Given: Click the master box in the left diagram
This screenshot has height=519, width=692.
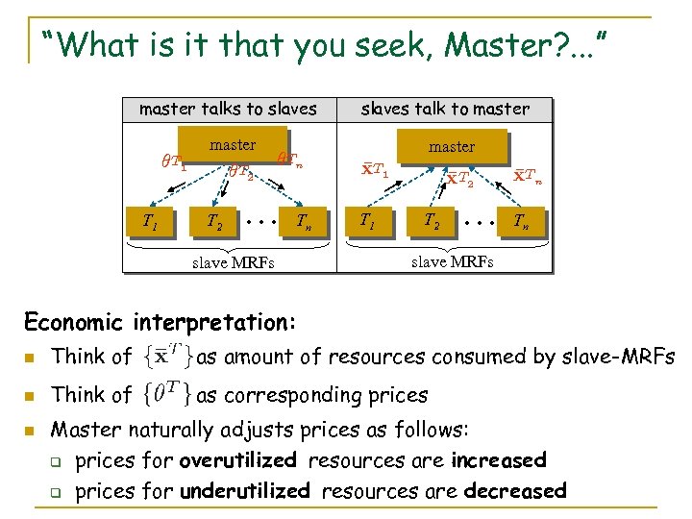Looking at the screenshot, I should coord(233,145).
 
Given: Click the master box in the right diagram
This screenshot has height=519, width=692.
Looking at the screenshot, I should coord(452,147).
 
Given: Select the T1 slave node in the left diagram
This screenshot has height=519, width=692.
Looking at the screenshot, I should coord(150,224).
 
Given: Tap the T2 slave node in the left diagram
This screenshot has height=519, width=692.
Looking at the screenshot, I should coord(215,224).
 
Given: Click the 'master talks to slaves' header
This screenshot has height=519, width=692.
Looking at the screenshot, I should coord(228,109).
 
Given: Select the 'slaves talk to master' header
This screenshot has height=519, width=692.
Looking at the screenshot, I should coord(445,109).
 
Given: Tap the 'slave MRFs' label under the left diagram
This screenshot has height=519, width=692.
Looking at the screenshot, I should coord(234,262).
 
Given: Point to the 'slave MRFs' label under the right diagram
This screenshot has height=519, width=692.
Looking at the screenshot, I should coord(452,260).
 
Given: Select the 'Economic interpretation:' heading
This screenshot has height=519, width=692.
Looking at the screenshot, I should coord(160,320).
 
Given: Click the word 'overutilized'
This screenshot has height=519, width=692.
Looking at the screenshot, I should coord(240,460).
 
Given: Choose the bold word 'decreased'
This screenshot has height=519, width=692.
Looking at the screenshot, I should coord(515,490).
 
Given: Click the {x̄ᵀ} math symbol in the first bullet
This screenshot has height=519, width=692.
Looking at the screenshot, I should coord(165,357).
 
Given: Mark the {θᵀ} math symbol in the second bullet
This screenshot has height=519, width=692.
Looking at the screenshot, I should coord(165,394).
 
